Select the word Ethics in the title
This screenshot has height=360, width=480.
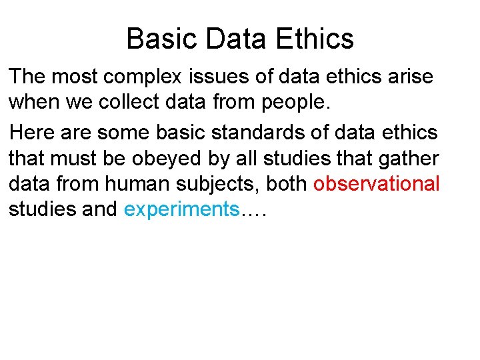click(x=313, y=39)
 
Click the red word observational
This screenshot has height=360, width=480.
click(x=377, y=183)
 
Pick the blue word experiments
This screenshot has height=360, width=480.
click(x=182, y=209)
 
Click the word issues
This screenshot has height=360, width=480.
click(x=228, y=77)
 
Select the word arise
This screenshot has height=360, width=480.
click(x=409, y=77)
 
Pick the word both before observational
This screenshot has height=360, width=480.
click(x=287, y=183)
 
